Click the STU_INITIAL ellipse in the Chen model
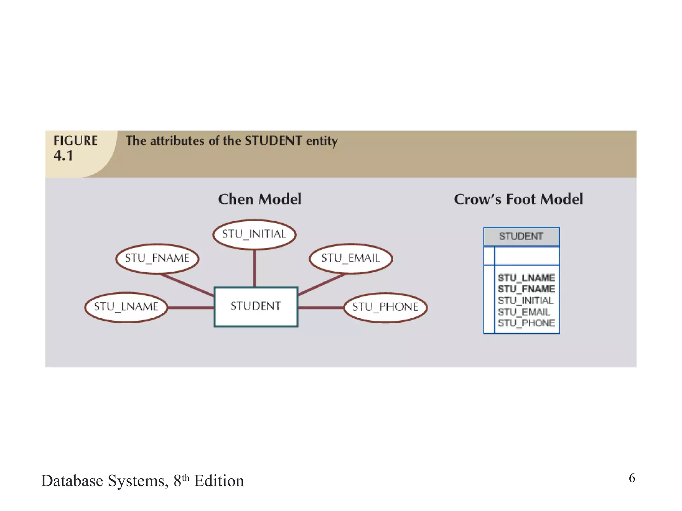(x=254, y=234)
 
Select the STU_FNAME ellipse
(x=157, y=258)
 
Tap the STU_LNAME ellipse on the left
(x=126, y=307)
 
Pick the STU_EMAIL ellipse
(x=350, y=258)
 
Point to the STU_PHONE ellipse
(x=385, y=307)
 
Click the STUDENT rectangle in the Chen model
(x=256, y=306)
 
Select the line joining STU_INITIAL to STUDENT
(x=254, y=268)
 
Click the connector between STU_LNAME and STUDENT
(x=191, y=308)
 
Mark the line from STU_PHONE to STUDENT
(x=321, y=308)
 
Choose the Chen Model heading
(x=260, y=199)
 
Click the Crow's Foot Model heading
(x=518, y=199)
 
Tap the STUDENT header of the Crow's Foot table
(x=521, y=236)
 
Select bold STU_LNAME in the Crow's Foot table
(x=526, y=278)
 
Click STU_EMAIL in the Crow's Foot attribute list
(x=524, y=312)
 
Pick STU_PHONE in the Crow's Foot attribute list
(x=526, y=323)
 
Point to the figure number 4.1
(x=63, y=156)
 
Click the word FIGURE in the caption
(x=76, y=141)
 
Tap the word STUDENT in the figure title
(x=273, y=141)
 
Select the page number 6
(x=632, y=478)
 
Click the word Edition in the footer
(x=219, y=481)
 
